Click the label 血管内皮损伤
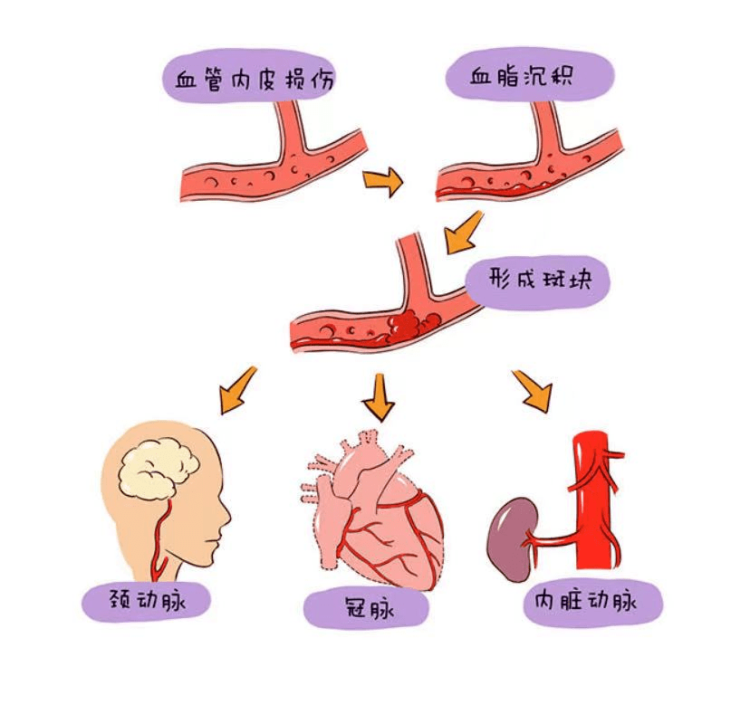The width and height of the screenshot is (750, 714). (250, 80)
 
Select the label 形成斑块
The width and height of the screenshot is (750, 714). (539, 278)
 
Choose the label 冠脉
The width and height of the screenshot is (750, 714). (367, 607)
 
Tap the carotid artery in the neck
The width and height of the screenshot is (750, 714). (161, 544)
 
